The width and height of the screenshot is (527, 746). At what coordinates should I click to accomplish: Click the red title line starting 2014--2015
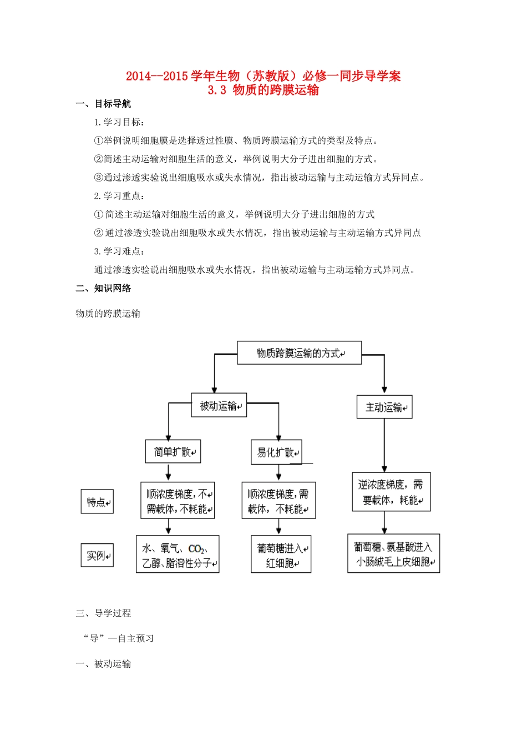coord(263,76)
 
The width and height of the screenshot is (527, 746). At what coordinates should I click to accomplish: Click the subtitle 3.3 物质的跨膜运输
coord(263,90)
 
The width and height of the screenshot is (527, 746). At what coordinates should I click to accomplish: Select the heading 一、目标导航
coord(103,104)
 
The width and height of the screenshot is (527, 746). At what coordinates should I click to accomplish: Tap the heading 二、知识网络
coord(103,288)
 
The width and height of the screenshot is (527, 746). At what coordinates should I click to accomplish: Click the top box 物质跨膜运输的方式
coord(299,353)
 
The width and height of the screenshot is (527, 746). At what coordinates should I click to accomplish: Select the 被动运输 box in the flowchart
coord(219,406)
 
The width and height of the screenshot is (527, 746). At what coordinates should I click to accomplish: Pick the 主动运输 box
coord(384,407)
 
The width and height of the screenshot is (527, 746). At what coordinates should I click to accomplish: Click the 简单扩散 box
coord(173,452)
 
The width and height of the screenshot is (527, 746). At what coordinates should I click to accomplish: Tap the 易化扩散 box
coord(276,452)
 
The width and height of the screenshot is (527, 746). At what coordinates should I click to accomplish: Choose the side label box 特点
coord(97,502)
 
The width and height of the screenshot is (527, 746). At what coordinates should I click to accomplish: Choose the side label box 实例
coord(97,555)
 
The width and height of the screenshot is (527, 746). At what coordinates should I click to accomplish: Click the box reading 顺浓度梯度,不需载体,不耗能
coord(178,501)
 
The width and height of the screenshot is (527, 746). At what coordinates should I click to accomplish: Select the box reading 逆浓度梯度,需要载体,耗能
coord(391,492)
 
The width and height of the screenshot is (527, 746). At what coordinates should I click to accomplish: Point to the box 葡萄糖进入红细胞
coord(281,555)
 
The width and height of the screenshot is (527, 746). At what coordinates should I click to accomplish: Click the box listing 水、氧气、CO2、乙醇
coord(178,555)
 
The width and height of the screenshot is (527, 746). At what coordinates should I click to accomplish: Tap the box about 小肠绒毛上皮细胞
coord(393,554)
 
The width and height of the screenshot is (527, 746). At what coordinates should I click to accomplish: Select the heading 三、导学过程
coord(103,613)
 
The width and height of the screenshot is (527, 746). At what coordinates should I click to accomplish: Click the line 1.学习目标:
coord(120,122)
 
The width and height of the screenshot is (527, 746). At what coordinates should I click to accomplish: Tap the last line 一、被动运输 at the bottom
coord(103,664)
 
